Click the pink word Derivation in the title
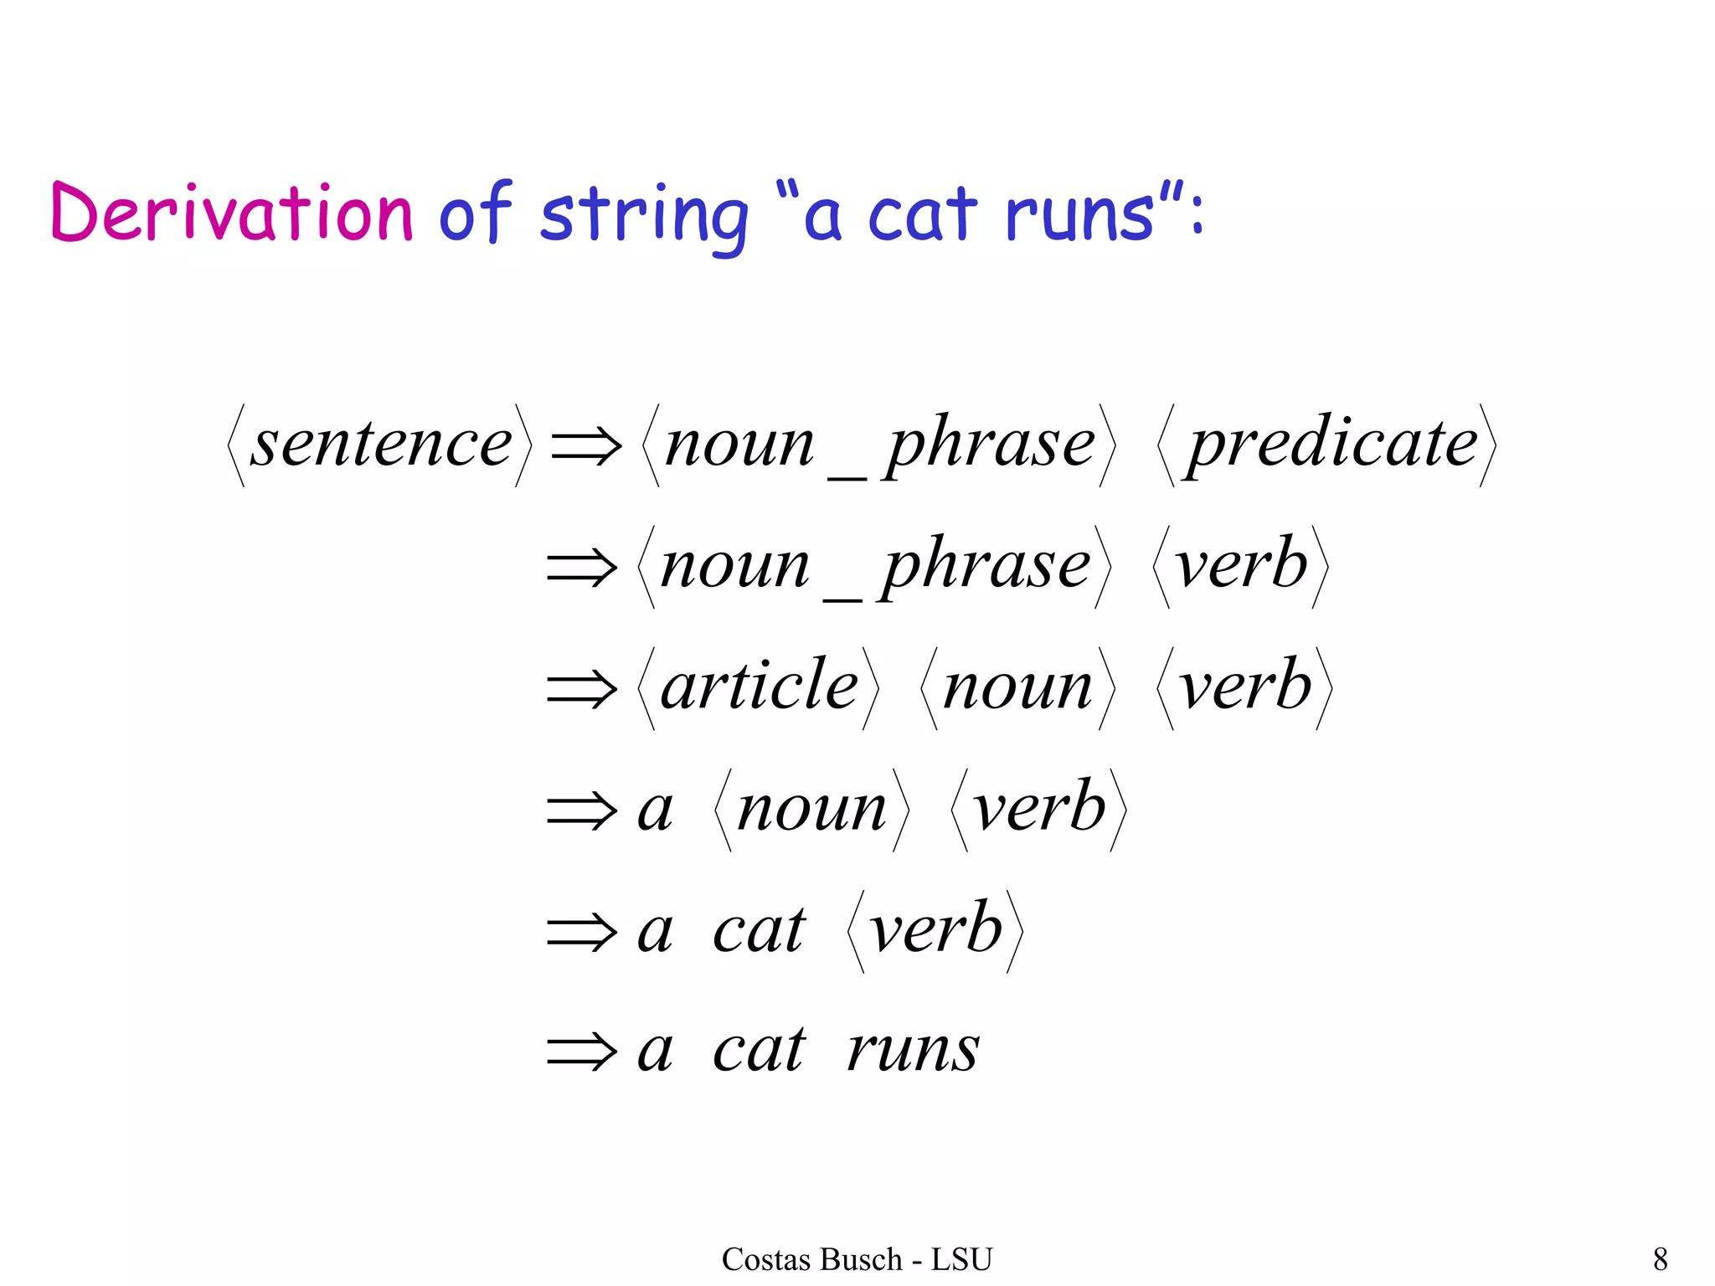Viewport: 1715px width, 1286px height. (232, 213)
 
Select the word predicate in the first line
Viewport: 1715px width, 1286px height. (1333, 444)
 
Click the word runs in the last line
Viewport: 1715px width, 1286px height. (913, 1050)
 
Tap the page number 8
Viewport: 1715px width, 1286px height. (1660, 1259)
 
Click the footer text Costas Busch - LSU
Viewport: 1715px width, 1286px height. (857, 1259)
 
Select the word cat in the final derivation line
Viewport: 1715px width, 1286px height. (759, 1050)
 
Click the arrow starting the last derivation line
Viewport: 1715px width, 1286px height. (581, 1052)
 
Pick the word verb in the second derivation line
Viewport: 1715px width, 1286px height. (1241, 565)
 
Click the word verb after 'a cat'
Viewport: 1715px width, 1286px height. (935, 929)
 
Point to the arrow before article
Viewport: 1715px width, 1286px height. (581, 688)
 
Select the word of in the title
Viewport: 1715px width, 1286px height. (474, 213)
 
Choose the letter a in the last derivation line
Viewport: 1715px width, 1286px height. (655, 1052)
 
